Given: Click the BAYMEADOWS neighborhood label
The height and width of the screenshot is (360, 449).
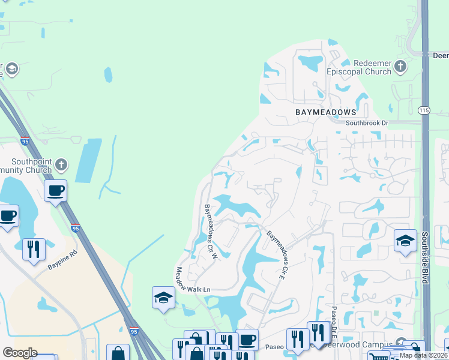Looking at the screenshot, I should pos(325,112).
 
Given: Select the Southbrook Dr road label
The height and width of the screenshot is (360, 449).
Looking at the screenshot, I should pos(367,123).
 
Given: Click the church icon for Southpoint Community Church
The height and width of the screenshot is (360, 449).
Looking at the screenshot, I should pos(60,164).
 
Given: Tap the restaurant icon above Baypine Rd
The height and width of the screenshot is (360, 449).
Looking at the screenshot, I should pos(34,248).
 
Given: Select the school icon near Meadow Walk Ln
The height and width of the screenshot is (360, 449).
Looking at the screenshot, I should pos(163,298).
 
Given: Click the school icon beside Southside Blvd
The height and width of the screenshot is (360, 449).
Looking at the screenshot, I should pos(405,241).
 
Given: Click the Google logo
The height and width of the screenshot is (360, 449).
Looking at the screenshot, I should pos(20,353).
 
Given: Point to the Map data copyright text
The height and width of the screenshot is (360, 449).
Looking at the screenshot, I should pos(424,355).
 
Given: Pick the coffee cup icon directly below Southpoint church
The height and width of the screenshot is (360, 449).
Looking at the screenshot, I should pos(56,191).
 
